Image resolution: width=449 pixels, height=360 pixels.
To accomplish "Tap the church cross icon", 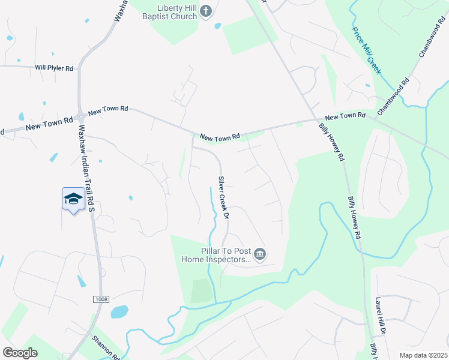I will (x=205, y=11).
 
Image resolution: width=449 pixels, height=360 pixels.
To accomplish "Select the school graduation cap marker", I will (x=73, y=199).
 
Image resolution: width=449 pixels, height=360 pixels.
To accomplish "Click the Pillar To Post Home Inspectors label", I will (x=216, y=255).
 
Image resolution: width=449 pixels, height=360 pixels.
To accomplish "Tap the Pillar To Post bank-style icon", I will (x=260, y=256).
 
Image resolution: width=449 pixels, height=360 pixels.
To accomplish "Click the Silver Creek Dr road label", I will (x=225, y=197).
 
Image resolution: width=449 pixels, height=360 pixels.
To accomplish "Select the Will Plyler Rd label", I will (x=53, y=68).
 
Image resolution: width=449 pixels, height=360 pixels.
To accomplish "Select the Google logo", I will (x=20, y=353).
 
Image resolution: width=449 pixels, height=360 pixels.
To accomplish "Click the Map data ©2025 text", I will (x=423, y=355).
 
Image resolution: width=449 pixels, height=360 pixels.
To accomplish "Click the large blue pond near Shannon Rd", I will (x=119, y=312).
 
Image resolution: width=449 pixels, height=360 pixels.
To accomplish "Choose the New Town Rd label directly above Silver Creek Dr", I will (x=220, y=137).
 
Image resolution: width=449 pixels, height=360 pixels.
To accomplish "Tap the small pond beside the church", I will (x=217, y=26).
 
